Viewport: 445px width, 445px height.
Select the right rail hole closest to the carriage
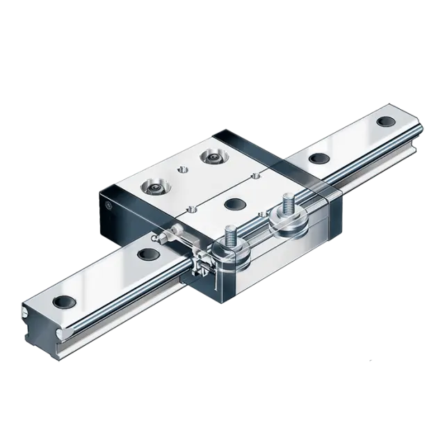click(x=318, y=158)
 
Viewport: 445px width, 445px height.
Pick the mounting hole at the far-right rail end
click(x=382, y=121)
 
